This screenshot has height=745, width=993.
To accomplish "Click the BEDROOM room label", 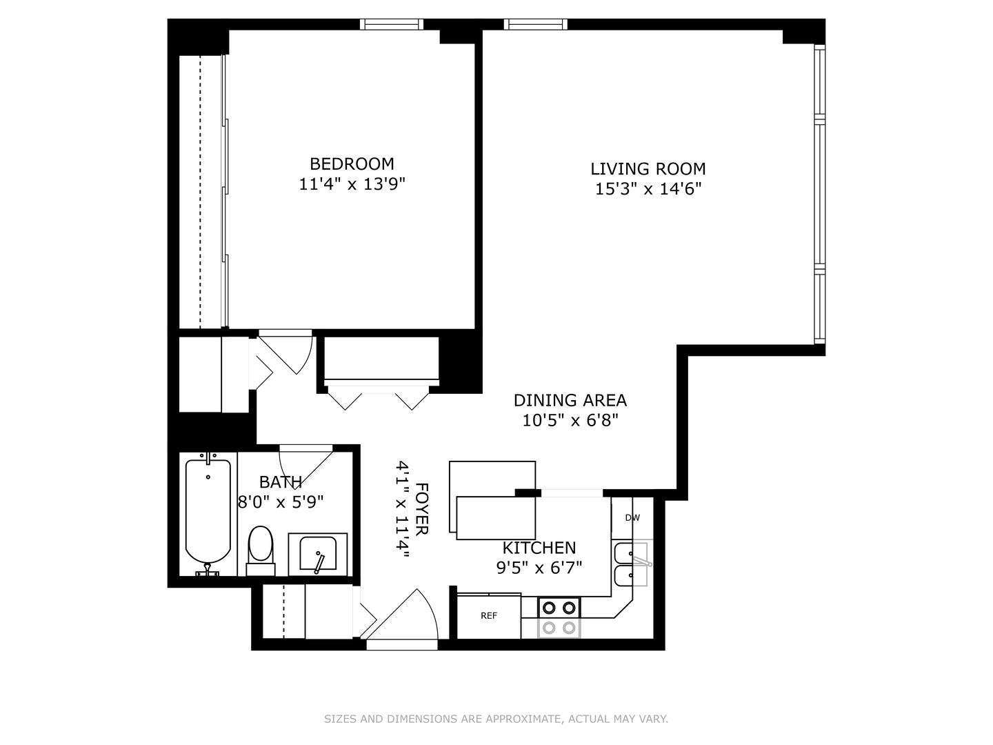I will click(352, 164).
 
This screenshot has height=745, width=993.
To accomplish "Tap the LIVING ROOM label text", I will click(648, 169).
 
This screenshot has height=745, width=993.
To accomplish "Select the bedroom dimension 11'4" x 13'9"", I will click(352, 184).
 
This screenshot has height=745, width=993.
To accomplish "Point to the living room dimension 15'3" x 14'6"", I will click(648, 189).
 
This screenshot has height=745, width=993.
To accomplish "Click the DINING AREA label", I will click(570, 400).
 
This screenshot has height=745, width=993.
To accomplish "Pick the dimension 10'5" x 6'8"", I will click(570, 420).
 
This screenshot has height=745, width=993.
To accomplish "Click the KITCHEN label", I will click(539, 548).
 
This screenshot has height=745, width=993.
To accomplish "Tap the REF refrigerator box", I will click(489, 616).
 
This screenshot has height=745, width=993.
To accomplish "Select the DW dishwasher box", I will click(632, 518).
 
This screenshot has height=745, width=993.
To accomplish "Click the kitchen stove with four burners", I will click(559, 617).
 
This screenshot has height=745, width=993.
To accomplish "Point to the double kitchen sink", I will click(631, 564).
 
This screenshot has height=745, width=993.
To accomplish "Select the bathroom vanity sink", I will click(317, 554).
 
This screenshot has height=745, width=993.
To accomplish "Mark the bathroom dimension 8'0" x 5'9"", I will click(281, 501).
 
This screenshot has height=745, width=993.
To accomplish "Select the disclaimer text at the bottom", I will click(496, 719).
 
